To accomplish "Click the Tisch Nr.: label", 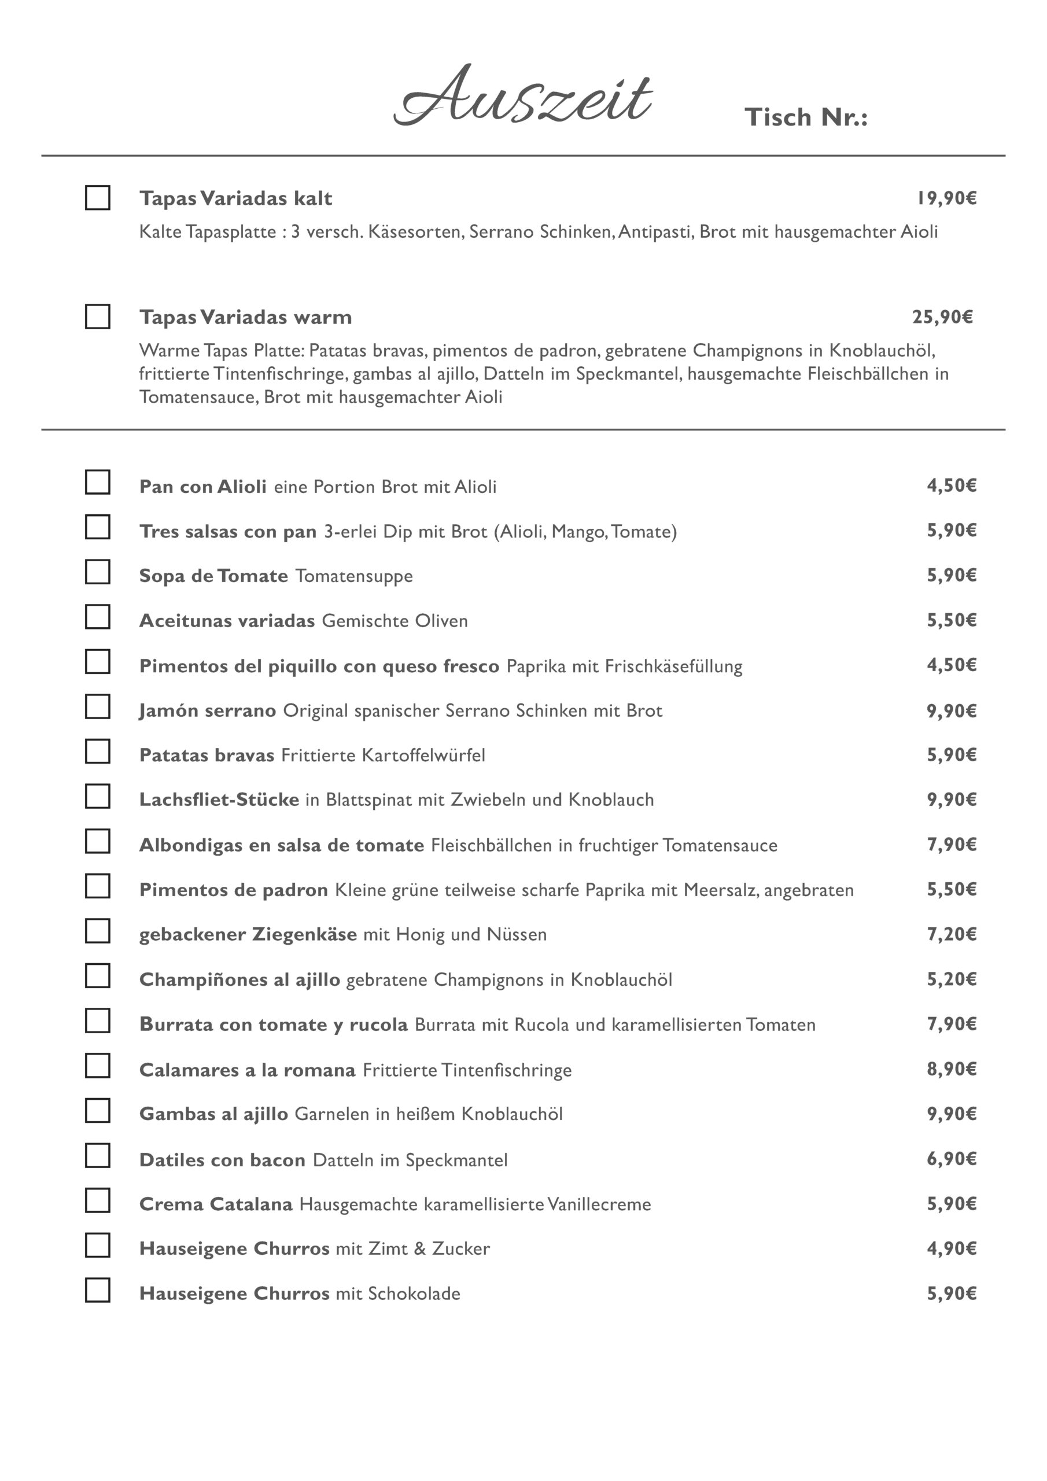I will pos(806,117).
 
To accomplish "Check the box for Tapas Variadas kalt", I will pos(97,197).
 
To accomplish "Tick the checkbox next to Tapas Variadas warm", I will pos(97,316).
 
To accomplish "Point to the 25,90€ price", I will pos(942,316).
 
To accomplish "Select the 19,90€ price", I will pos(946,198).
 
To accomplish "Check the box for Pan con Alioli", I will pos(97,482).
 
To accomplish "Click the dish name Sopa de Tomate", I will pos(213,576).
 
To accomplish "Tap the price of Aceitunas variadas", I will pos(952,620).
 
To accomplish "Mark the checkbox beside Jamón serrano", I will pos(97,706).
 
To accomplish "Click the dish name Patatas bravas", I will pos(207,755).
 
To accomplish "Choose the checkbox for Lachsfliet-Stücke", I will pos(97,796).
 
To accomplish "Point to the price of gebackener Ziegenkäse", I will pos(952,933).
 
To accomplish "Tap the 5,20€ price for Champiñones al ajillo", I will pos(952,978).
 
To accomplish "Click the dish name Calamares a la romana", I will pos(247,1070).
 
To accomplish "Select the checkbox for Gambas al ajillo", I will pos(97,1110).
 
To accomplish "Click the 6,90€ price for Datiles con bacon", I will pos(952,1159).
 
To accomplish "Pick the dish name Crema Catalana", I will pos(215,1204).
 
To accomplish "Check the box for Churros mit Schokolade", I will pos(97,1290).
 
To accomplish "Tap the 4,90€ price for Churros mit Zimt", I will pos(952,1248).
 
